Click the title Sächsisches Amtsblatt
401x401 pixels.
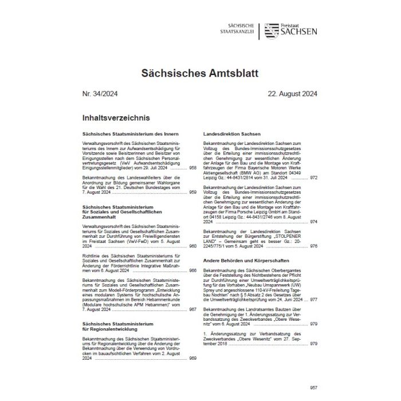[200, 73]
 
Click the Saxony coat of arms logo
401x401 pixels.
[269, 30]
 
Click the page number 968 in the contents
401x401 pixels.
[192, 167]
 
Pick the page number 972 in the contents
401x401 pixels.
[313, 178]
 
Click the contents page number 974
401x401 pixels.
[313, 221]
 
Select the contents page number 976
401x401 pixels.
[313, 246]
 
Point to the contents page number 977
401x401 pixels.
[313, 299]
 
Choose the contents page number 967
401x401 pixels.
[192, 309]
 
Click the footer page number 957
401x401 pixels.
[313, 387]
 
